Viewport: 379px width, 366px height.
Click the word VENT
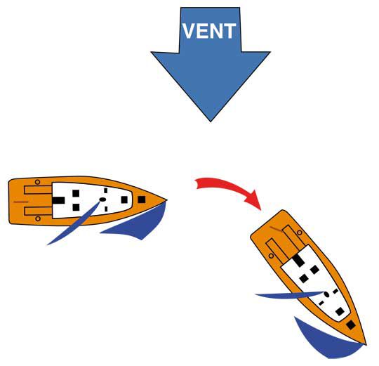click(x=209, y=31)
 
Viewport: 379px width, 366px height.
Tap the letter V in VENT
click(x=189, y=31)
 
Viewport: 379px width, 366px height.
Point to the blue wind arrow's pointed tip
click(x=211, y=122)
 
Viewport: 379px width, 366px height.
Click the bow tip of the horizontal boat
click(x=166, y=200)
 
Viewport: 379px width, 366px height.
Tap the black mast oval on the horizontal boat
click(x=102, y=200)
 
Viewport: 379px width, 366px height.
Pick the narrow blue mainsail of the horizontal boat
click(x=74, y=223)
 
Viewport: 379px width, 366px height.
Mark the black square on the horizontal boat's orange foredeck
click(x=141, y=200)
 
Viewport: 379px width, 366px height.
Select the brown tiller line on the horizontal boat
click(x=21, y=202)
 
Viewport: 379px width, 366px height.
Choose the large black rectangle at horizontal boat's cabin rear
click(x=58, y=200)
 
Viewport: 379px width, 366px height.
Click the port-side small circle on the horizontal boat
click(x=37, y=182)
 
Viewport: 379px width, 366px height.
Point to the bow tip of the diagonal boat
click(x=366, y=344)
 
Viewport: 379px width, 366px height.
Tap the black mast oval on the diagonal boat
click(x=326, y=294)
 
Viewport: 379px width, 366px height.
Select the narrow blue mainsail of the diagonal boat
click(x=290, y=295)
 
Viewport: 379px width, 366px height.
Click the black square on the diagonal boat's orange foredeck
click(x=351, y=325)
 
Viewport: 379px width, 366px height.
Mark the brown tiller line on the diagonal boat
click(x=276, y=228)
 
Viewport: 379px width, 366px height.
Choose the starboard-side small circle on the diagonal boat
click(x=271, y=256)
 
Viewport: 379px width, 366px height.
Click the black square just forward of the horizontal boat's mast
click(x=124, y=200)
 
